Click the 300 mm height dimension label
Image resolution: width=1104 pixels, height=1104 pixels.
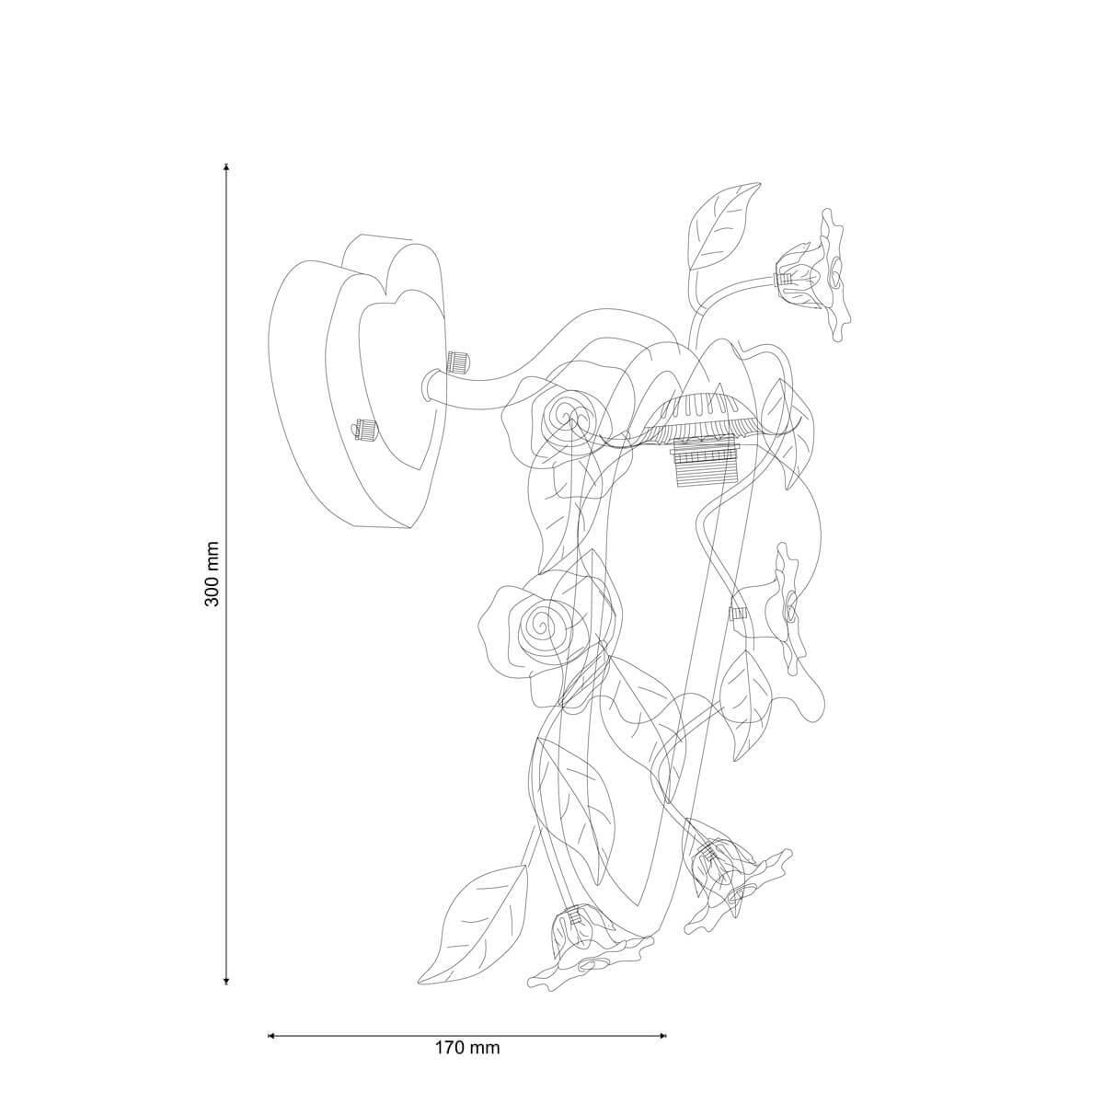tap(213, 573)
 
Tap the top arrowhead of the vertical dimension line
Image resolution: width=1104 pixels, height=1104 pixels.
tap(227, 167)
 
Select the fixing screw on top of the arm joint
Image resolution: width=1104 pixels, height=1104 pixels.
tap(457, 362)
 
